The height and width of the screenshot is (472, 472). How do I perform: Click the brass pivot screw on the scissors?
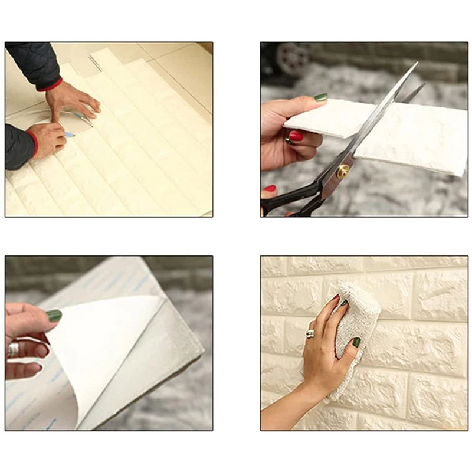tap(342, 172)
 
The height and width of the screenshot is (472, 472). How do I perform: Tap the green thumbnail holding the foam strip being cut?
tap(320, 97)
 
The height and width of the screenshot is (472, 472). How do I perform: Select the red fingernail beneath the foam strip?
tap(296, 136)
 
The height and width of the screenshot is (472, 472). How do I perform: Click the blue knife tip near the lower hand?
tap(70, 135)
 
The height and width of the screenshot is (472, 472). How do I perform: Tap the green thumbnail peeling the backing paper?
tap(54, 316)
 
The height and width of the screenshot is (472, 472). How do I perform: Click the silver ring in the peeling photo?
tap(13, 350)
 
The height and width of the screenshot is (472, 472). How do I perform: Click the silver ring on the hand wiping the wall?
tap(310, 334)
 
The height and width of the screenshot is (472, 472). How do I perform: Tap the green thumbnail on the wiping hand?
tap(356, 342)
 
